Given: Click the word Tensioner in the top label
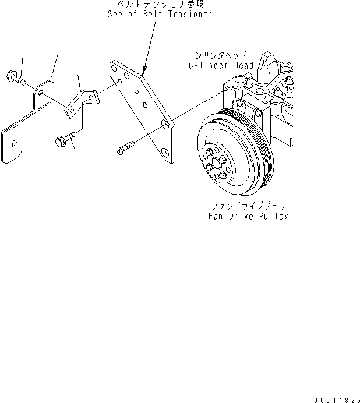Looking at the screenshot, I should (190, 14).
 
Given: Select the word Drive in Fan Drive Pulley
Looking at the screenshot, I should (242, 216).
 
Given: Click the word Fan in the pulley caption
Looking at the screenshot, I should (217, 216).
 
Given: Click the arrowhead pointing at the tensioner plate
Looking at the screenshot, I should (143, 70).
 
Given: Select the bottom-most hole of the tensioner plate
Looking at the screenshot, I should (166, 153).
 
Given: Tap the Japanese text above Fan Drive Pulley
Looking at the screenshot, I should (248, 206).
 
